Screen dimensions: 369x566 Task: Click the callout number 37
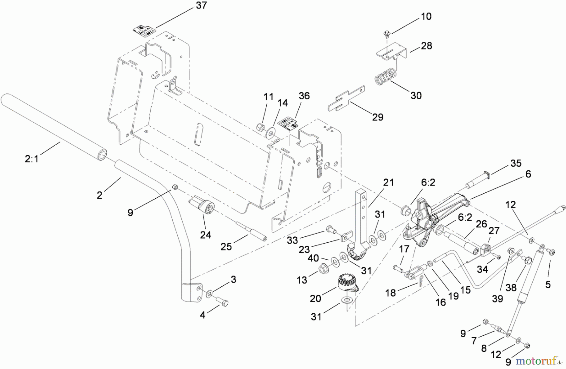coord(201,5)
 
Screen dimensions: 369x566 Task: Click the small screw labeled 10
coord(387,33)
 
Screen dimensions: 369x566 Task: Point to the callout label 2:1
coord(31,159)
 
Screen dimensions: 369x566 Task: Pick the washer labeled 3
coord(209,294)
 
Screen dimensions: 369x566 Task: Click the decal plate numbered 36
coord(289,123)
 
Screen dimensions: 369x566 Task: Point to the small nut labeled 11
coord(260,127)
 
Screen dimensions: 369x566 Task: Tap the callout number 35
coord(516,163)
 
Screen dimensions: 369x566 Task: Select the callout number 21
coord(388,183)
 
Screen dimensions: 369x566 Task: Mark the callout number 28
coord(426,46)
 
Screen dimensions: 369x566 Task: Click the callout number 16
coord(441,302)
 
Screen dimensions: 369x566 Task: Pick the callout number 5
coord(548,284)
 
